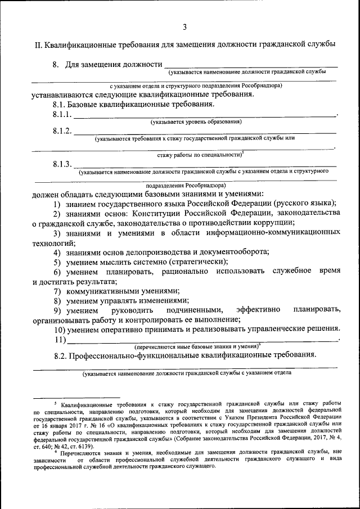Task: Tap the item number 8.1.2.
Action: [62, 131]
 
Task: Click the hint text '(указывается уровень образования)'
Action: [196, 121]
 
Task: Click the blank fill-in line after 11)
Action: [202, 340]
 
